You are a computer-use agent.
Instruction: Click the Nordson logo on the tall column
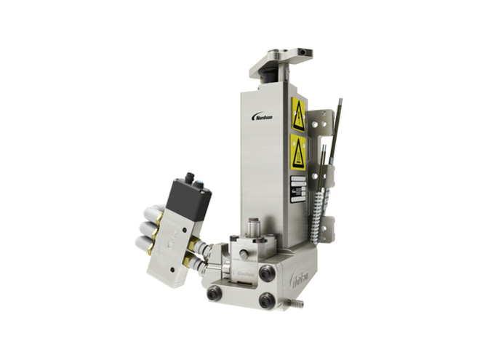(x=263, y=116)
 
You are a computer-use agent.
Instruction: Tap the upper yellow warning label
(x=298, y=114)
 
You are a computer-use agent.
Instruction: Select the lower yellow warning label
(x=298, y=153)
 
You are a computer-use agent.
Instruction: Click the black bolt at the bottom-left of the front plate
(x=215, y=295)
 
